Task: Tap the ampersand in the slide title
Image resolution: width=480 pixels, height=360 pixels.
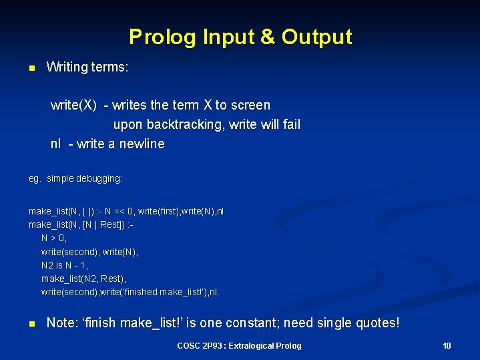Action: [x=267, y=37]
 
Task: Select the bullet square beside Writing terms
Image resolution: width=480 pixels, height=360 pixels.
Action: [x=31, y=68]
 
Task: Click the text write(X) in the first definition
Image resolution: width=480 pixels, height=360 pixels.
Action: [x=73, y=105]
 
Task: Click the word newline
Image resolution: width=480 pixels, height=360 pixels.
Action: [x=139, y=144]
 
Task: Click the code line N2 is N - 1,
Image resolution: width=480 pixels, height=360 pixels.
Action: [x=65, y=265]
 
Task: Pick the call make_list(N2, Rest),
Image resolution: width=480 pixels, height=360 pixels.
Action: [x=83, y=279]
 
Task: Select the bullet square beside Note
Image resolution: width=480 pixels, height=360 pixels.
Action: [x=31, y=324]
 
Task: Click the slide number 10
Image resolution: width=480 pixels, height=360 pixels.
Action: [x=447, y=345]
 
